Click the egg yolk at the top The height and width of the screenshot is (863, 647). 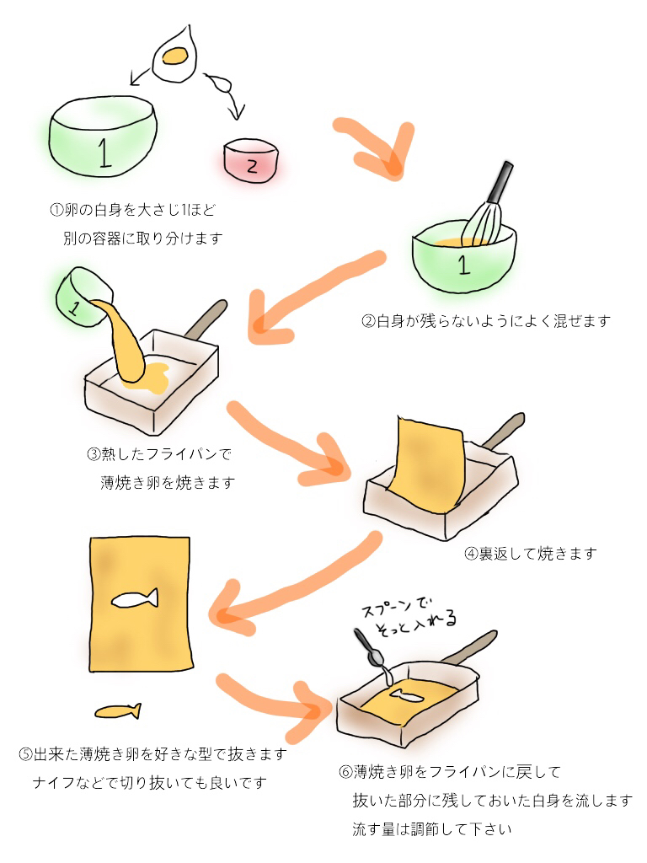(175, 56)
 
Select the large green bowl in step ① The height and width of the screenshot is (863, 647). (104, 137)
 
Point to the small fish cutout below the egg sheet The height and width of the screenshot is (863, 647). (116, 712)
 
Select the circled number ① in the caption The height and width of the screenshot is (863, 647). (56, 208)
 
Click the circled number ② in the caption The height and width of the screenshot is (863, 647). (367, 321)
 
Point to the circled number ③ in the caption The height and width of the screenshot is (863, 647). (94, 455)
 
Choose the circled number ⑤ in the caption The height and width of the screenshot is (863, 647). (25, 753)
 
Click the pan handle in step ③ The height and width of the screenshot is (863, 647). (206, 318)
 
